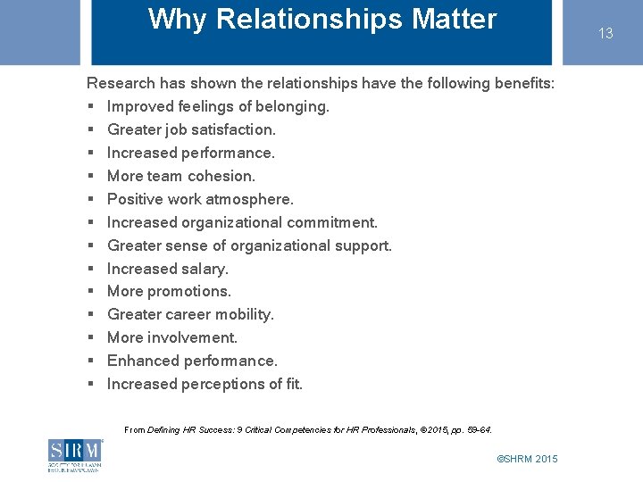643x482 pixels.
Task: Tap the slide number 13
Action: pyautogui.click(x=605, y=33)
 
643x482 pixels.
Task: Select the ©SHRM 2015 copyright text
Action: pyautogui.click(x=527, y=459)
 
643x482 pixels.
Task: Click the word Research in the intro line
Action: pyautogui.click(x=121, y=83)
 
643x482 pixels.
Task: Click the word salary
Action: pyautogui.click(x=205, y=269)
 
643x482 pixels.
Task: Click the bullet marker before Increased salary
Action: pyautogui.click(x=91, y=269)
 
